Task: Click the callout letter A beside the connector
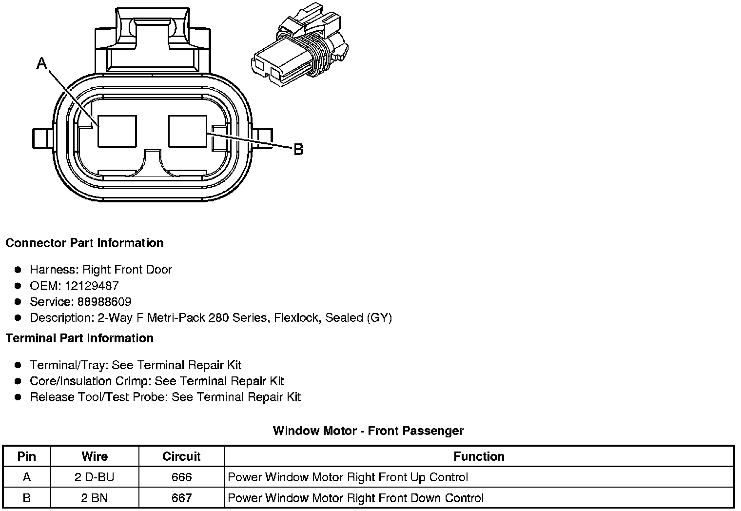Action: click(42, 63)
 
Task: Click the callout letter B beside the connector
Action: click(298, 149)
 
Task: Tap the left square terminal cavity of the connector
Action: click(117, 131)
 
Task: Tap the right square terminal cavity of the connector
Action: click(188, 131)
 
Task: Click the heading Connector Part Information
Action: click(84, 243)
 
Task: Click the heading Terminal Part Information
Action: click(79, 338)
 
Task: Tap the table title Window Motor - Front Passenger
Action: click(368, 431)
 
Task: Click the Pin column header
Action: click(27, 456)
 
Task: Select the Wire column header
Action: click(95, 456)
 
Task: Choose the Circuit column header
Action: click(181, 456)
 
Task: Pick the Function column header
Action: click(479, 456)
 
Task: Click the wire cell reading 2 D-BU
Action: click(95, 477)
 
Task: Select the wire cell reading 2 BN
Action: click(95, 498)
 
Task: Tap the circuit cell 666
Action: click(181, 477)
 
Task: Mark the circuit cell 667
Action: click(181, 498)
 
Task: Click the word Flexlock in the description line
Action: click(296, 318)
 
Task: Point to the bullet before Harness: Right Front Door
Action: click(18, 270)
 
